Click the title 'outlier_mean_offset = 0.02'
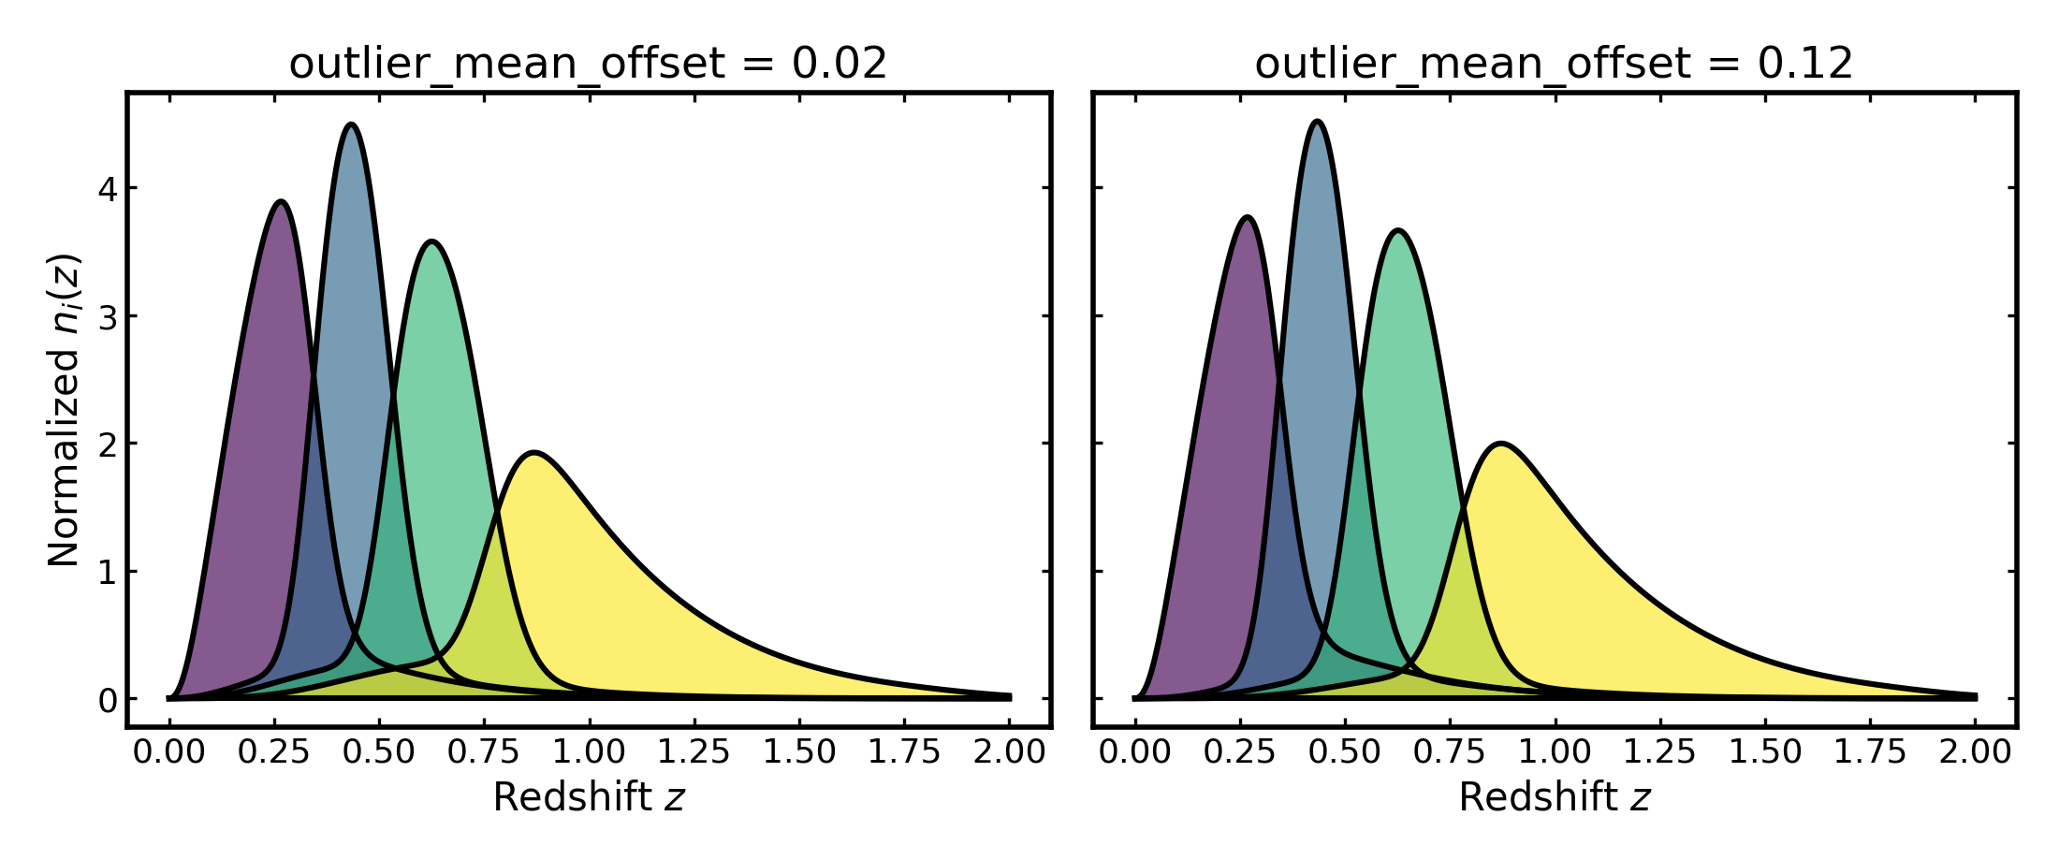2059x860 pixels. coord(588,64)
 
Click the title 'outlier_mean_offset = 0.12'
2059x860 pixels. coord(1554,64)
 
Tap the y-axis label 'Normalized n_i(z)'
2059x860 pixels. coord(65,410)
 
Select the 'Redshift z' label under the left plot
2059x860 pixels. coord(589,797)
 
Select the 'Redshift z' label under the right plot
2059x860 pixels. coord(1555,797)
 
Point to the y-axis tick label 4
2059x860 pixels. coord(108,189)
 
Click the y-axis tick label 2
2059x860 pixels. coord(108,444)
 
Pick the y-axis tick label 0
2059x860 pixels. coord(108,700)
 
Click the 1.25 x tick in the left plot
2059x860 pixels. coord(694,751)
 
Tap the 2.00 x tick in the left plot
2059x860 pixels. coord(1010,751)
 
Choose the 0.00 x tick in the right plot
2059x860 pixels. coord(1134,751)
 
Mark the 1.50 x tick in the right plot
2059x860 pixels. coord(1765,751)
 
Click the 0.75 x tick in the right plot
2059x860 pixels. coord(1450,751)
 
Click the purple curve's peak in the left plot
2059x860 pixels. coord(281,201)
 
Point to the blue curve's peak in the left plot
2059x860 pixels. coord(351,124)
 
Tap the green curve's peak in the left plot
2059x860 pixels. coord(431,241)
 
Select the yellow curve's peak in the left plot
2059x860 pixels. coord(533,453)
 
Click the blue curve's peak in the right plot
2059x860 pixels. coord(1318,122)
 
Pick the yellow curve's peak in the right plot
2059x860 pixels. coord(1501,444)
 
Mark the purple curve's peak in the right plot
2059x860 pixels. coord(1248,217)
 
